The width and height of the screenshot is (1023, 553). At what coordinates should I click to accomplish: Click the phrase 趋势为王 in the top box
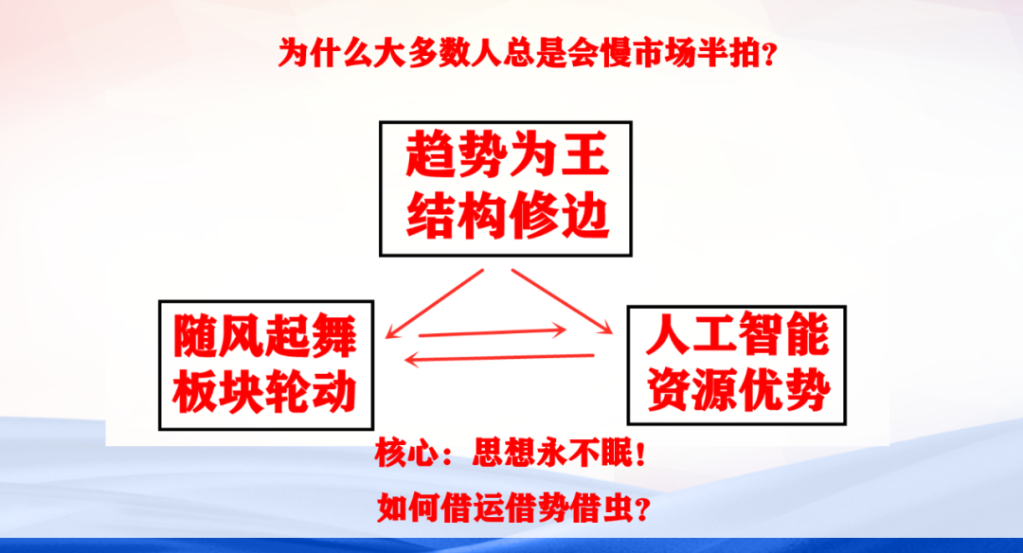click(x=507, y=154)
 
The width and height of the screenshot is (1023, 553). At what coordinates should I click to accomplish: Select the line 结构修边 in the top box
click(x=507, y=216)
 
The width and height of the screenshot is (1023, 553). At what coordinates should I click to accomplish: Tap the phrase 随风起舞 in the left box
click(x=265, y=336)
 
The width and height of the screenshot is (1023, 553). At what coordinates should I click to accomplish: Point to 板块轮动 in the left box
click(x=265, y=393)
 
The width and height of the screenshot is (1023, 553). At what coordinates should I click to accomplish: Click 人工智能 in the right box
click(x=737, y=334)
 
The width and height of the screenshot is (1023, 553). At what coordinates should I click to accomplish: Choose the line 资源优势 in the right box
click(x=737, y=390)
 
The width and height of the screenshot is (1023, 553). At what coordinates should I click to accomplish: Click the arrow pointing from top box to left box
click(x=435, y=303)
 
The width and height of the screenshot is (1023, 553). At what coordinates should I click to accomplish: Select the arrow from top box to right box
click(x=562, y=301)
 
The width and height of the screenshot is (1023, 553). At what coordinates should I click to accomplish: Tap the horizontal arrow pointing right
click(x=493, y=331)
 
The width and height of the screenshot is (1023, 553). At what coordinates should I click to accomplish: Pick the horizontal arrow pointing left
click(x=500, y=357)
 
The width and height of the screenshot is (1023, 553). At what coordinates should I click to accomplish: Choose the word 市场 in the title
click(x=663, y=53)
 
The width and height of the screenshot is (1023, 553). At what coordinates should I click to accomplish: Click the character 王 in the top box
click(x=584, y=154)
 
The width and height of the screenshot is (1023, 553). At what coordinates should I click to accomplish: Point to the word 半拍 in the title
click(x=728, y=53)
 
